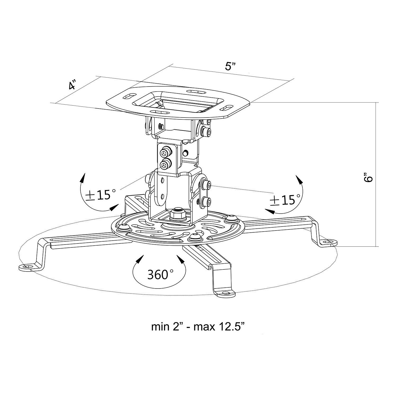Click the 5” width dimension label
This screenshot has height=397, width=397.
click(x=230, y=66)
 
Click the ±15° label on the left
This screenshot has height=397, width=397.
click(x=100, y=195)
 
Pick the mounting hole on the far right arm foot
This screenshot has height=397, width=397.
click(x=329, y=241)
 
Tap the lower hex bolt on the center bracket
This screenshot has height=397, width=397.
click(x=165, y=165)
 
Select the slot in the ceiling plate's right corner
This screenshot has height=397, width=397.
click(x=227, y=109)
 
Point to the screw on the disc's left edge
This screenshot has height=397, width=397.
click(x=124, y=227)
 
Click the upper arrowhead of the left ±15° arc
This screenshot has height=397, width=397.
click(x=84, y=178)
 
